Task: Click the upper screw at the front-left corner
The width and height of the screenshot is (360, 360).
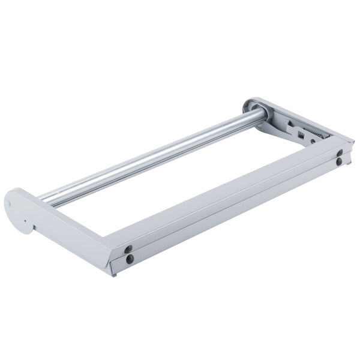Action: [128, 250]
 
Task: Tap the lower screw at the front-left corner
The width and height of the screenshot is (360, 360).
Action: [128, 260]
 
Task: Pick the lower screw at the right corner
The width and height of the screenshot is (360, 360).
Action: [340, 161]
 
